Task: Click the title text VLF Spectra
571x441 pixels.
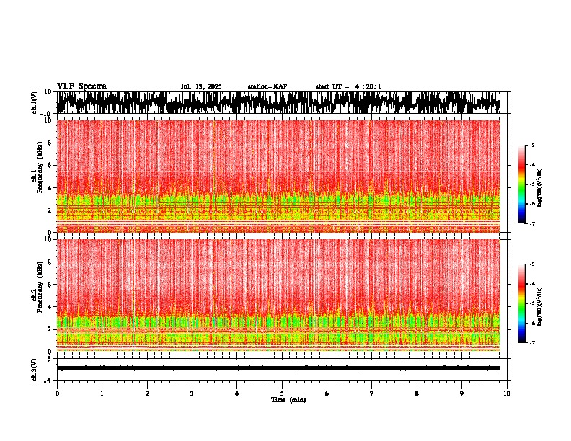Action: (81, 86)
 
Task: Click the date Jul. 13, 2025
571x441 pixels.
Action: (201, 86)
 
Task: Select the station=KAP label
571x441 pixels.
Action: (267, 86)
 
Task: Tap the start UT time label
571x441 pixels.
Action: (348, 86)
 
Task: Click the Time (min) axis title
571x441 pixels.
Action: (288, 399)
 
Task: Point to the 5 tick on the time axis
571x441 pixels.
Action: (282, 393)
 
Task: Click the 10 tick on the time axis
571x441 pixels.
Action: (507, 393)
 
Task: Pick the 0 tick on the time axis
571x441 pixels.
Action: (57, 393)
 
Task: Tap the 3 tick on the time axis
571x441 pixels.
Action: (192, 393)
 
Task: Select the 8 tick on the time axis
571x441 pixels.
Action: (417, 393)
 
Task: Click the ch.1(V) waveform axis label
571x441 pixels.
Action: (34, 102)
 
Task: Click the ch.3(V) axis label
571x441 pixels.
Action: (34, 367)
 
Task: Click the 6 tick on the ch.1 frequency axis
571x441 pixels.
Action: (49, 165)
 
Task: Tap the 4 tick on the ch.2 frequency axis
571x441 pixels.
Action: (49, 307)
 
